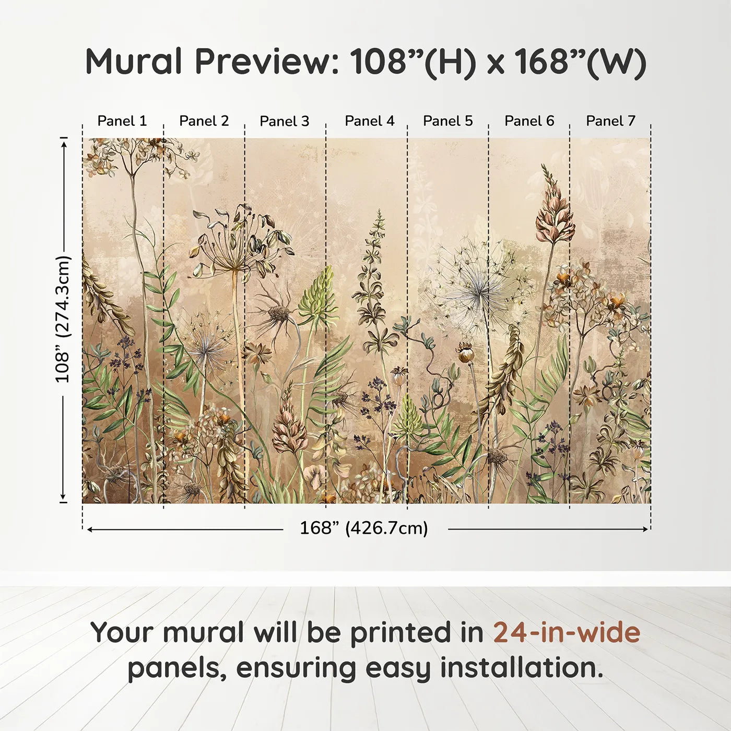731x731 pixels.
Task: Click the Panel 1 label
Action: (x=122, y=121)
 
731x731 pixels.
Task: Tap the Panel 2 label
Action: (x=204, y=121)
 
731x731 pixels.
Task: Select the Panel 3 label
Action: (x=285, y=121)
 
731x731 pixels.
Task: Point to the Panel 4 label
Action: (x=370, y=121)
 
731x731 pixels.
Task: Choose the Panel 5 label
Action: (x=448, y=121)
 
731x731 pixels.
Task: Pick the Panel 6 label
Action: (x=529, y=121)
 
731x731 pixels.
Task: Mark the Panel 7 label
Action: (x=611, y=121)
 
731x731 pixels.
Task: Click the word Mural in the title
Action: (x=134, y=62)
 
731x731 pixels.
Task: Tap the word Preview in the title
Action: (x=267, y=62)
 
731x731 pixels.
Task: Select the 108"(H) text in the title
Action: (x=413, y=62)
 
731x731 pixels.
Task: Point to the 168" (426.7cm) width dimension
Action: (x=364, y=528)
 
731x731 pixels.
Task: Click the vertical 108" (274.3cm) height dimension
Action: (x=63, y=319)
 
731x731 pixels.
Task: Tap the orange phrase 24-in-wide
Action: (x=567, y=632)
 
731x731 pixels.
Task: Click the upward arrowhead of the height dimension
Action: (x=64, y=142)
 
